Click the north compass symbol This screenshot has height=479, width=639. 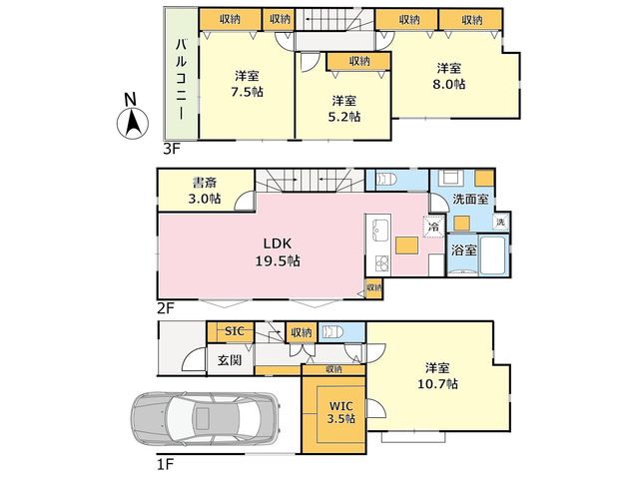coord(133,118)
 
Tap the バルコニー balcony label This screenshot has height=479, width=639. coord(182,79)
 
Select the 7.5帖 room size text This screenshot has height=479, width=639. coord(247,92)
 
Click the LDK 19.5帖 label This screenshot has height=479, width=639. coord(278,252)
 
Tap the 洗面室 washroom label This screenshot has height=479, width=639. coord(470,200)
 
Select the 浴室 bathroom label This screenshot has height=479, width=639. coord(463,250)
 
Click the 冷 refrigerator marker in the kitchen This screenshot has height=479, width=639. coord(434,227)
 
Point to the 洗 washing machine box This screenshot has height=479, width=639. coord(501,222)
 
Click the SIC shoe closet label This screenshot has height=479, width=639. coord(235,331)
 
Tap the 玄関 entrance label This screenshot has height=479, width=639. coord(230,360)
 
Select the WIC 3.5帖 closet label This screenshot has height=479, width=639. coord(341,412)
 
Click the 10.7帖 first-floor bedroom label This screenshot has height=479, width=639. coord(437,376)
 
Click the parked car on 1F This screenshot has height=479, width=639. coord(205,418)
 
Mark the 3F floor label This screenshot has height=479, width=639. coord(171,150)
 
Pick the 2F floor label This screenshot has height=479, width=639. coord(166,308)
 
